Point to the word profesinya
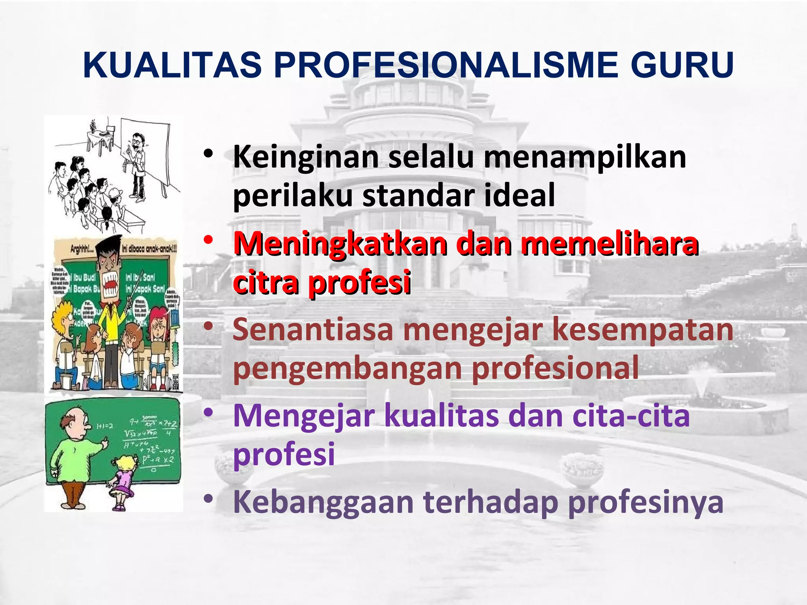tap(646, 503)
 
